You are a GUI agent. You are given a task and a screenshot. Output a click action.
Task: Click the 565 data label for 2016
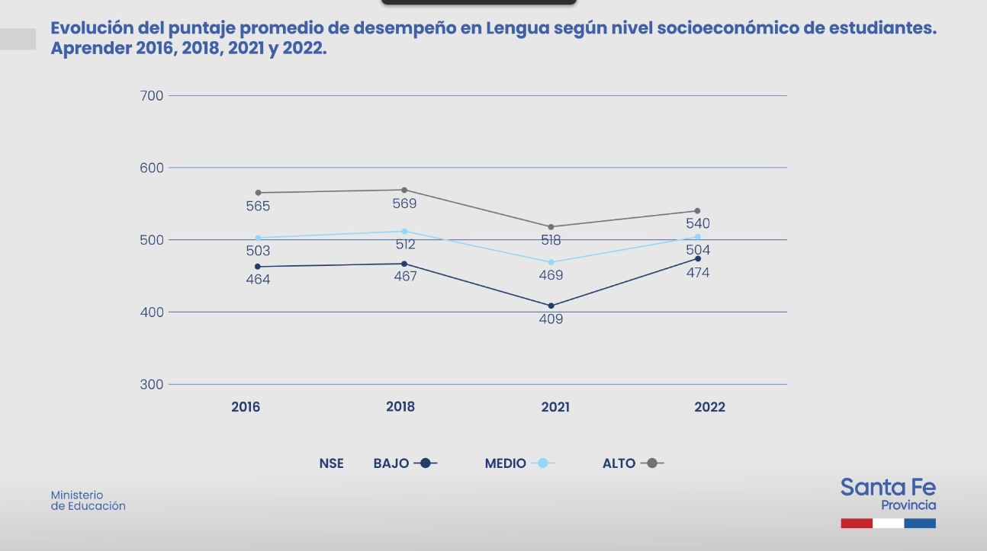point(258,207)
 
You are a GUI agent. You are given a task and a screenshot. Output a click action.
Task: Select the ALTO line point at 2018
point(404,190)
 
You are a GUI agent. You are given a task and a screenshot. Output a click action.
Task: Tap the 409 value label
point(551,319)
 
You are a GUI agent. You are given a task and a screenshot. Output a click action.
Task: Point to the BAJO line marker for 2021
point(551,306)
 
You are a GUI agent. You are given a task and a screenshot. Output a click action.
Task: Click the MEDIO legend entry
point(519,463)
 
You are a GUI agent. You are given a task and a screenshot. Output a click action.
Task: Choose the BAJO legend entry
point(405,463)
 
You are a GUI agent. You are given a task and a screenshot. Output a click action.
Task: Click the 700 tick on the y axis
point(153,95)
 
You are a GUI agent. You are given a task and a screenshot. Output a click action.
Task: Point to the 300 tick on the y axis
point(153,384)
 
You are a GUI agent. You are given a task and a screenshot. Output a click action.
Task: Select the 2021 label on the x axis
point(555,407)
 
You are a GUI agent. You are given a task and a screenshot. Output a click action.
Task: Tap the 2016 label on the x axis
point(246,407)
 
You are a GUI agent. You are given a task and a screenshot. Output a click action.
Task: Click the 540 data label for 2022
point(698,224)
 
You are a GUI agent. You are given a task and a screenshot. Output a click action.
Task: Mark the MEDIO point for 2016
point(258,238)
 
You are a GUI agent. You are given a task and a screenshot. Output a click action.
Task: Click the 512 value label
point(405,245)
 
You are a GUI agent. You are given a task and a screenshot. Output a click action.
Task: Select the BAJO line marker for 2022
point(698,258)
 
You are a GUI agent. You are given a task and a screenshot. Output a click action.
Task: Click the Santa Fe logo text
point(888,488)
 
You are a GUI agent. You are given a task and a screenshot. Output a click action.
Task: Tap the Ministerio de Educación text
point(88,501)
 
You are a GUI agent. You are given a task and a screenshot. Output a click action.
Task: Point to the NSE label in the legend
point(332,463)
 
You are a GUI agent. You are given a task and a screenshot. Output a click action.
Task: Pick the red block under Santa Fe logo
point(857,524)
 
